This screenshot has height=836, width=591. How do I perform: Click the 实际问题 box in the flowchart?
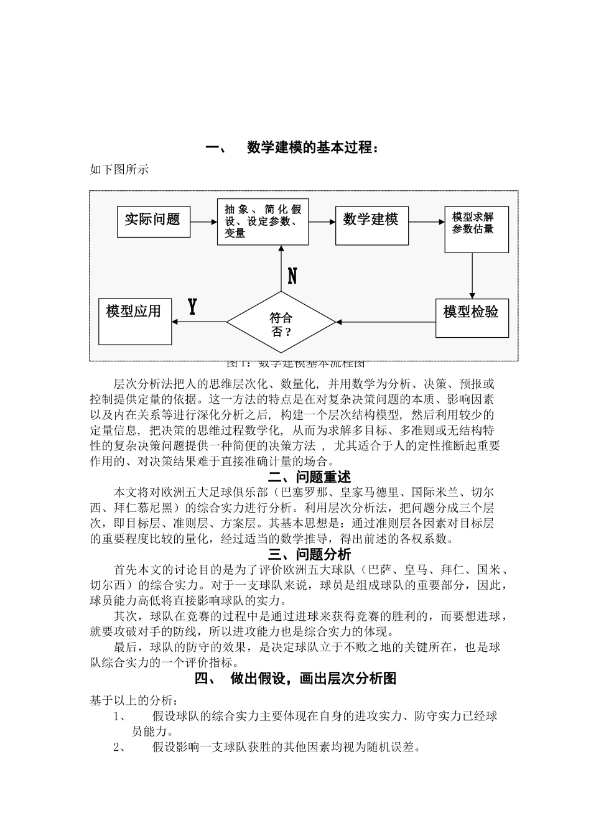[x=153, y=220]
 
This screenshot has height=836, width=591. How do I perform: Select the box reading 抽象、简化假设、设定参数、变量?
[x=263, y=221]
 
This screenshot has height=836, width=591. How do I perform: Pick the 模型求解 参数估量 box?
[x=476, y=229]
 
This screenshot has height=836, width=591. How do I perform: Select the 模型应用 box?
[x=135, y=320]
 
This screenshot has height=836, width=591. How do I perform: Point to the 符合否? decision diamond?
[x=281, y=322]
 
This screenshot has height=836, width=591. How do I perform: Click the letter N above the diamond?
[x=292, y=276]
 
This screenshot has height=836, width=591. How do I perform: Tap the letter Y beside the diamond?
[x=192, y=307]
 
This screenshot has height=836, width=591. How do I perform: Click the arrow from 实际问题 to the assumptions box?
[x=203, y=221]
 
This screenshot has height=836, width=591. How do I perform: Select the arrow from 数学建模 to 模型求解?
[x=426, y=221]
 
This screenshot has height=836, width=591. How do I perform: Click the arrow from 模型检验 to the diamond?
[x=386, y=322]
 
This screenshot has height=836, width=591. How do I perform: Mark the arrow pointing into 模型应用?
[x=199, y=322]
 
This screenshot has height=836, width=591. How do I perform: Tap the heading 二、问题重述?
[x=309, y=477]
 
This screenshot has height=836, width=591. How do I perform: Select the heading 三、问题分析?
[x=309, y=554]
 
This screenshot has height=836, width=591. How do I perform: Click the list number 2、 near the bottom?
[x=121, y=746]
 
